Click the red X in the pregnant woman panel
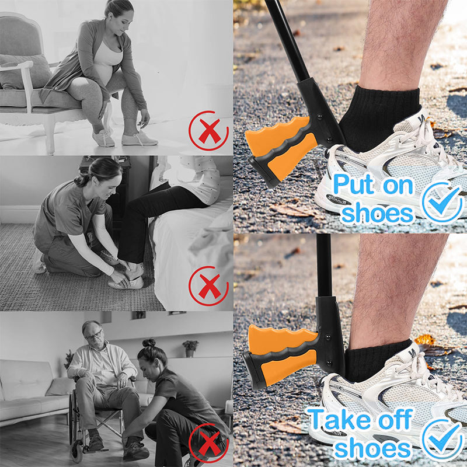[x=210, y=130]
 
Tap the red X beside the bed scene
[x=210, y=286]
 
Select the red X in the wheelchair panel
[x=210, y=443]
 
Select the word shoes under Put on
[x=377, y=213]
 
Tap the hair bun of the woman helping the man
[x=149, y=343]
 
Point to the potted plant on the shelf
[x=190, y=348]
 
